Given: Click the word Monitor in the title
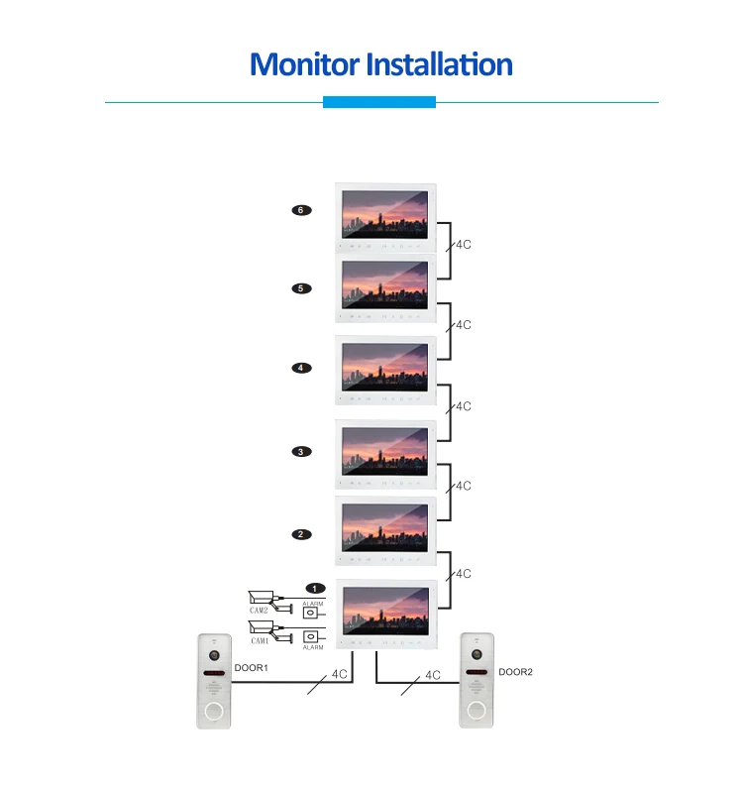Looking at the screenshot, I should (305, 65).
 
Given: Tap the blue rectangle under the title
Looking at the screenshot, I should (379, 102).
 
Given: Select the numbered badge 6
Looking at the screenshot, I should (301, 210).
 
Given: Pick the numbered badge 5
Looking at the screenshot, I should (301, 288).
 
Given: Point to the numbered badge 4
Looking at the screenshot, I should (301, 368).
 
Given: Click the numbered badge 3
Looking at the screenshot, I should (301, 452).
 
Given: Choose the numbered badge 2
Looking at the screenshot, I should (301, 534).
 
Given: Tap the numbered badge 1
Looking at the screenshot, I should (315, 589).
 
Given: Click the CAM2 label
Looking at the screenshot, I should (259, 612).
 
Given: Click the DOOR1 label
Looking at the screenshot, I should (252, 669).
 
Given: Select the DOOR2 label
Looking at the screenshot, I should (515, 671).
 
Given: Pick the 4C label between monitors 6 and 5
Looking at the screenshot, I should (463, 244).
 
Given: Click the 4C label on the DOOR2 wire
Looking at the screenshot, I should (432, 675).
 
